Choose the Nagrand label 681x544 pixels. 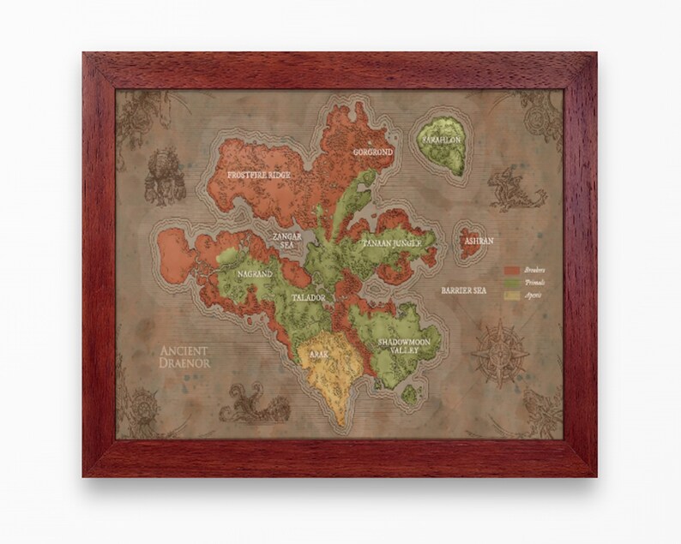tap(255, 275)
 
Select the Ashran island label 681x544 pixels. tap(478, 242)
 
